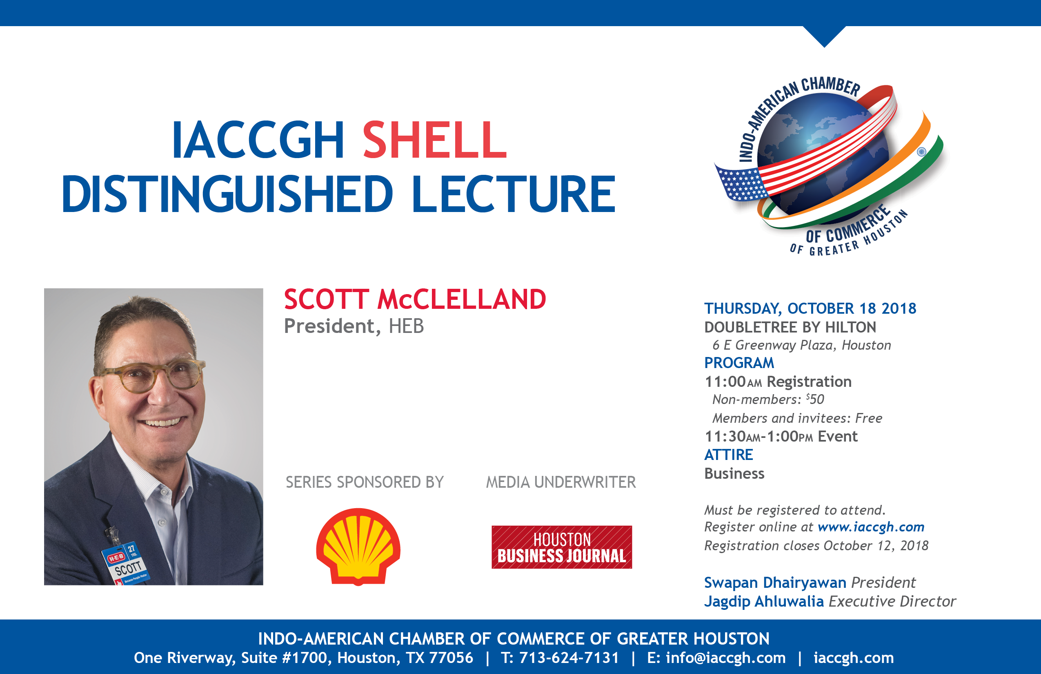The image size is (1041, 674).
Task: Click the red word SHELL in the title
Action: click(435, 140)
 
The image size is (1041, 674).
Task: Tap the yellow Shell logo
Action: click(358, 547)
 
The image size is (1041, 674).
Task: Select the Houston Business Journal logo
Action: click(562, 547)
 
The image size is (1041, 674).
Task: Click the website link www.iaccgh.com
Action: click(871, 527)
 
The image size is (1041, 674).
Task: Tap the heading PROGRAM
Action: click(739, 363)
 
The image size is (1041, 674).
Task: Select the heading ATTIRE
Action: click(729, 455)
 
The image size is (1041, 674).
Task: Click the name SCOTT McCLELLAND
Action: click(415, 299)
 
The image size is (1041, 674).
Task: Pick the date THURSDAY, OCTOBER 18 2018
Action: click(810, 308)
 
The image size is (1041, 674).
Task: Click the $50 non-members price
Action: click(815, 399)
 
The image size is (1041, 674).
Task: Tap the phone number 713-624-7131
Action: click(569, 657)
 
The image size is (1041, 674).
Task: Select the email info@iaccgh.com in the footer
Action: click(726, 657)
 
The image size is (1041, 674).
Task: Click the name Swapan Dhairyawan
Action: click(775, 582)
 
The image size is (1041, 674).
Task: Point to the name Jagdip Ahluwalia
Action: click(764, 601)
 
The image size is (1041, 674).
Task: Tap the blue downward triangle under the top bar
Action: click(825, 35)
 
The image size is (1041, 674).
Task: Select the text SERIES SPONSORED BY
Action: click(365, 482)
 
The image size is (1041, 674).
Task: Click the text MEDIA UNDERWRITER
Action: click(561, 482)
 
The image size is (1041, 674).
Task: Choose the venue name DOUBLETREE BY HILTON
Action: click(790, 327)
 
